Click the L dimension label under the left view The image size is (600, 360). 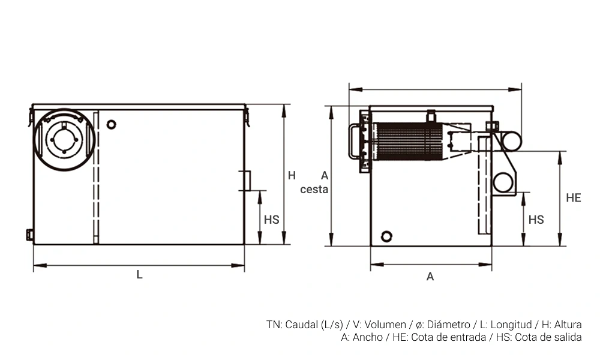click(x=139, y=275)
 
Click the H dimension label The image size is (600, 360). click(x=292, y=176)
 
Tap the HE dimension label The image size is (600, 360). click(x=573, y=198)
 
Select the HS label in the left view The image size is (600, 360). click(x=272, y=220)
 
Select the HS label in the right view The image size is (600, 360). click(x=536, y=220)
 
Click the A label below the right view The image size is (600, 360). click(x=430, y=277)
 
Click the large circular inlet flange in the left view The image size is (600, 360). click(x=63, y=140)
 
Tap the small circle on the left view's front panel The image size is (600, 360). click(x=110, y=124)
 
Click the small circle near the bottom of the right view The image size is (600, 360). click(x=387, y=236)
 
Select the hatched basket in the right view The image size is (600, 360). click(x=408, y=142)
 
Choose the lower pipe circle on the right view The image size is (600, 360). click(x=503, y=182)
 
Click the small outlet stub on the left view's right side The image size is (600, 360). click(x=245, y=180)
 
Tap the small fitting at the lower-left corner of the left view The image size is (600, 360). click(x=29, y=235)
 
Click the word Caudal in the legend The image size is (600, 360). click(x=302, y=325)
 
